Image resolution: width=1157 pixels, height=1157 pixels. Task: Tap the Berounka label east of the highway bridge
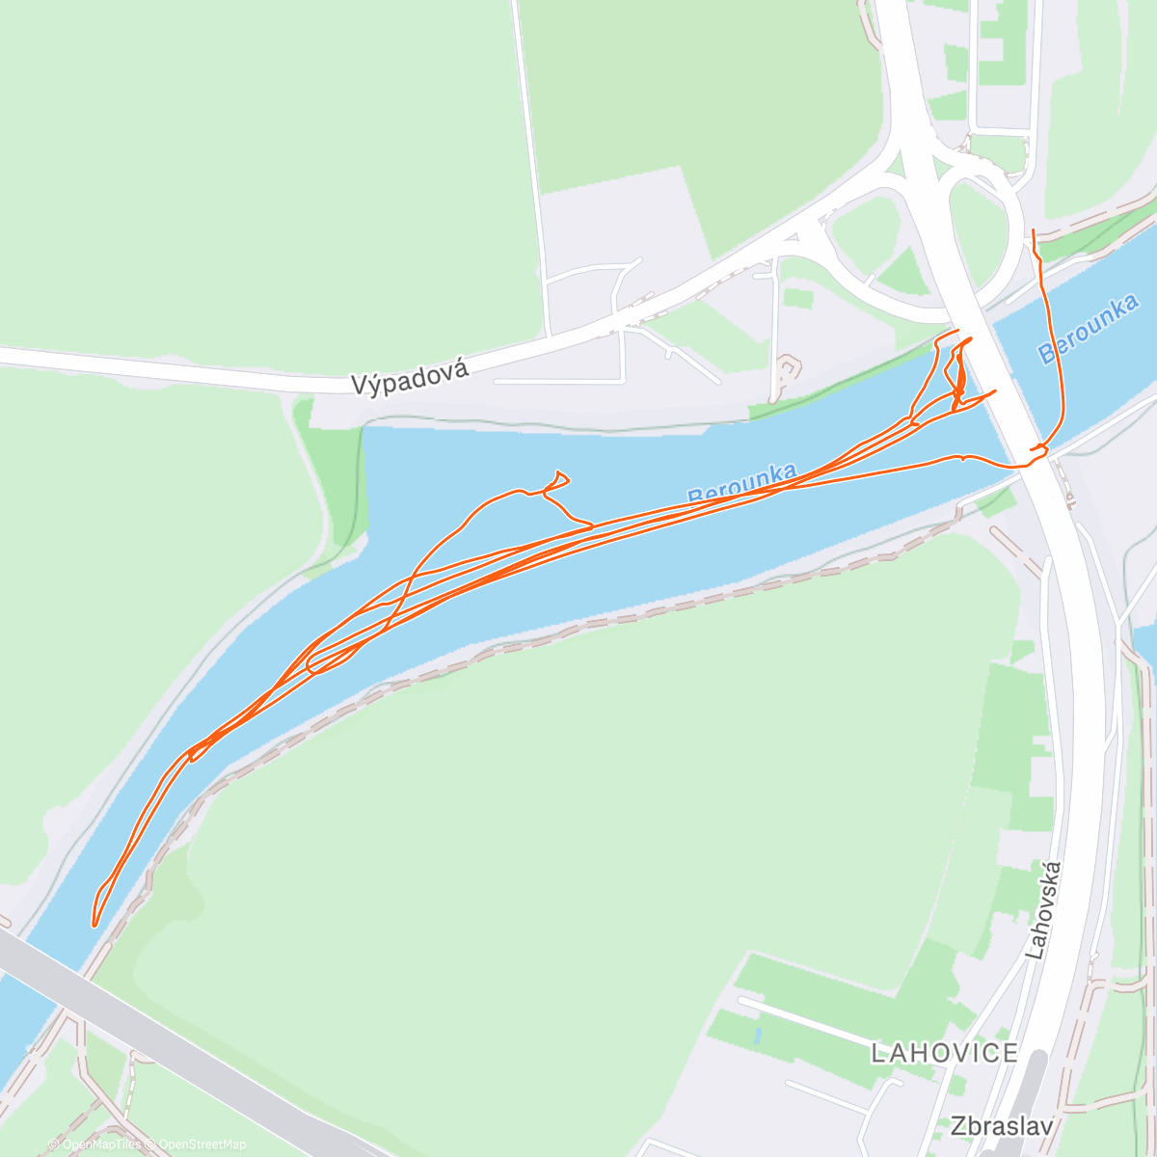click(x=1090, y=329)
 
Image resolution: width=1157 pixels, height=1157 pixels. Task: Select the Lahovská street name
click(x=1047, y=909)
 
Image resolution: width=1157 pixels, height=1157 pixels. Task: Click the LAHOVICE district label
click(x=944, y=1053)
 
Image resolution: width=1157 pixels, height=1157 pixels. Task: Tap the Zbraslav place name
click(x=1000, y=1125)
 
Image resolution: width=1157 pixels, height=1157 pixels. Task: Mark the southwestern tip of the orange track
click(x=94, y=924)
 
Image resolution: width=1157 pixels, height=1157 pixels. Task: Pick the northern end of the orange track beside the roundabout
click(x=1034, y=231)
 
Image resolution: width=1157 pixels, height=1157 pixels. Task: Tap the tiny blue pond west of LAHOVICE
click(x=757, y=1037)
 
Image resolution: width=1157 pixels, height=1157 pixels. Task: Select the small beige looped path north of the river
click(x=789, y=367)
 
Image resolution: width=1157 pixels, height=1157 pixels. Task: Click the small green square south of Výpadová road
click(x=797, y=298)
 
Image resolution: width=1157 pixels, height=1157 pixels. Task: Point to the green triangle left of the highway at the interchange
click(x=902, y=272)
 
